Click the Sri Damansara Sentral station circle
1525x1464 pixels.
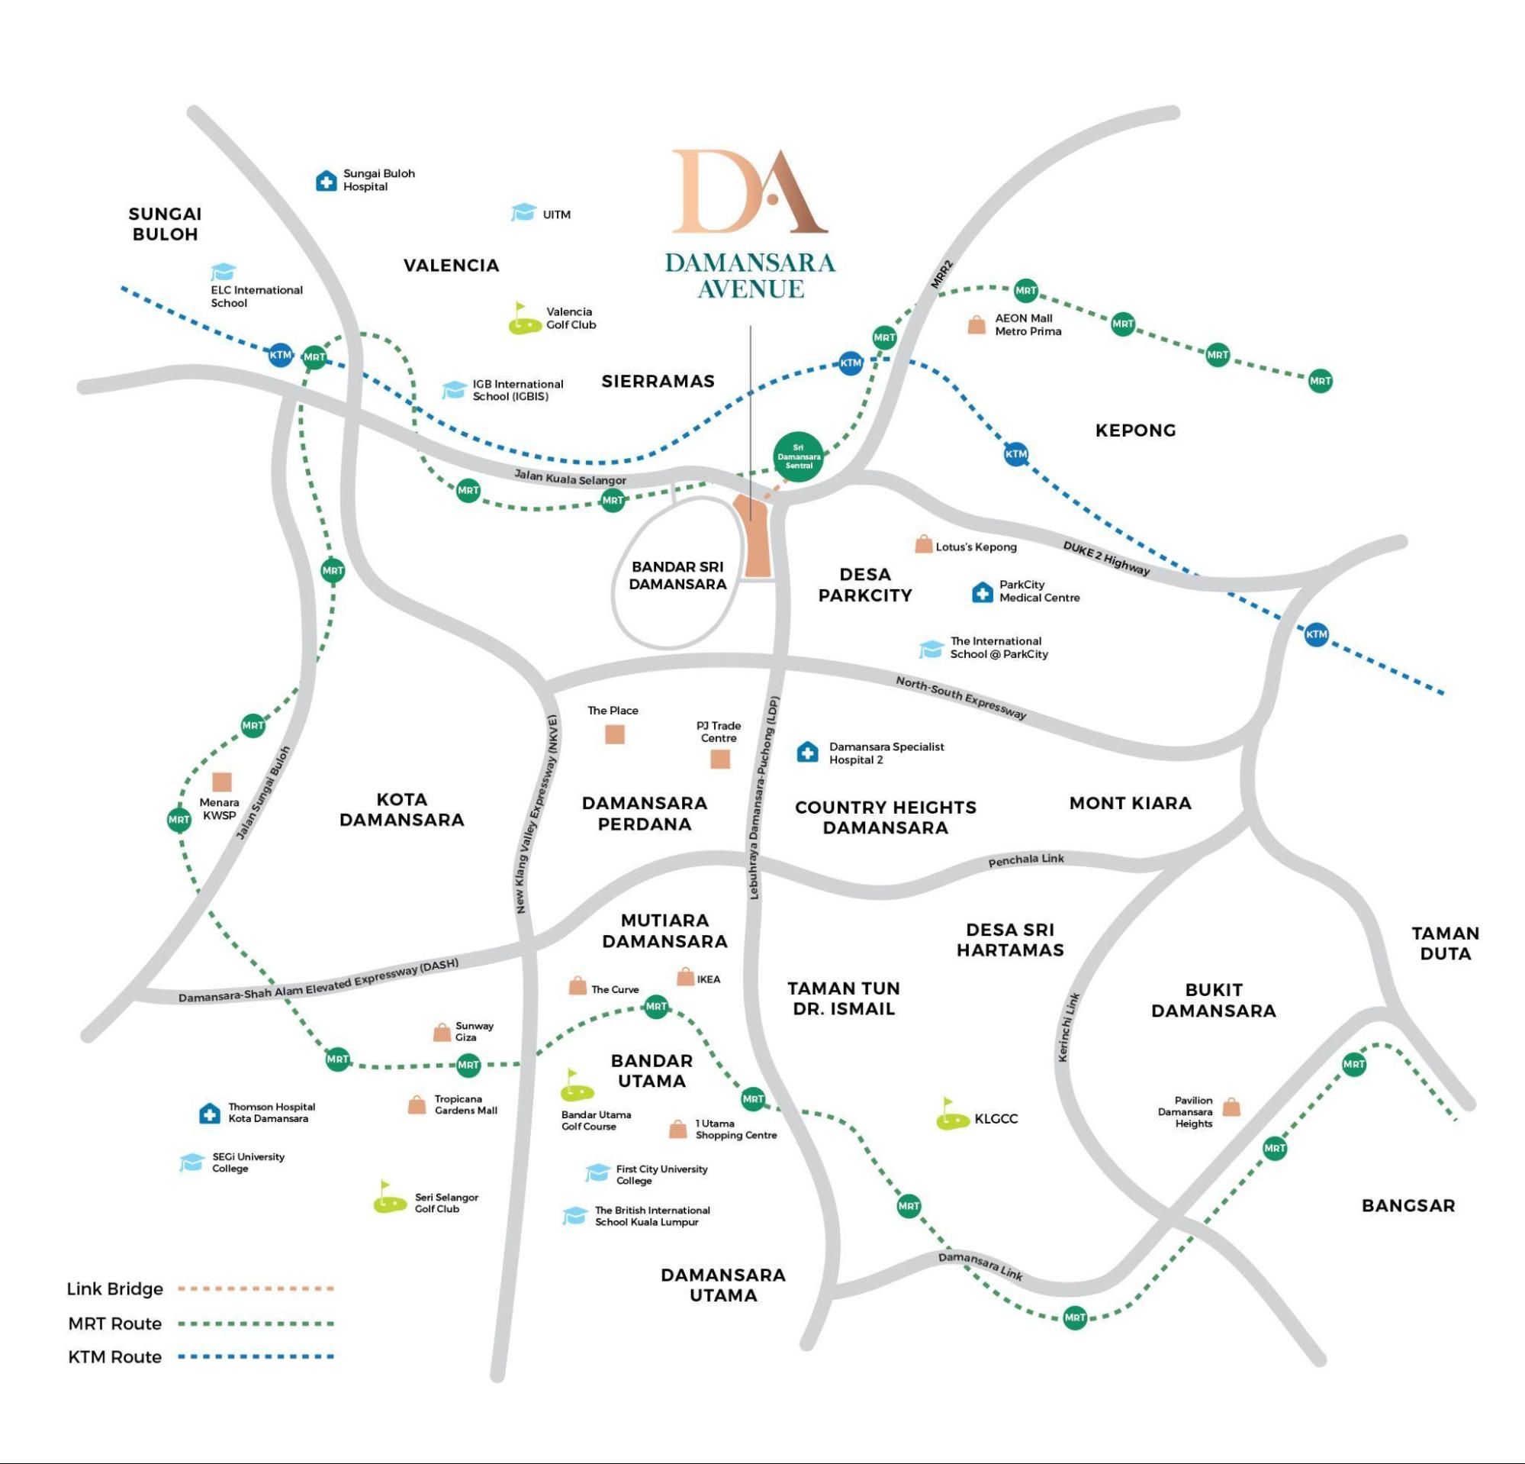point(798,457)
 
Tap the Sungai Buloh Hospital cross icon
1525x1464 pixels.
point(326,182)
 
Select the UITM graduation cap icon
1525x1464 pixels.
point(523,212)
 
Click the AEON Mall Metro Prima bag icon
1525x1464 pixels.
point(976,325)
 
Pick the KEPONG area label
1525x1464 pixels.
point(1135,430)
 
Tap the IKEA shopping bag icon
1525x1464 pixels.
point(686,977)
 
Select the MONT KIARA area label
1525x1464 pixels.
point(1130,803)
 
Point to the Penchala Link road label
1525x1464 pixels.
point(1025,860)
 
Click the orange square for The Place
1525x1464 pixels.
point(615,734)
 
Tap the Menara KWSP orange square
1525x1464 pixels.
point(222,782)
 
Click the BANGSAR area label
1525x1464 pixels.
point(1408,1205)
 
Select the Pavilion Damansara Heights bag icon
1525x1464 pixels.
point(1231,1108)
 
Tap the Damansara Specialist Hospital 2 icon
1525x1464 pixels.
point(808,752)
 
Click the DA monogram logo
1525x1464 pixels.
point(748,192)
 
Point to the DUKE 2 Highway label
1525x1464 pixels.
point(1105,558)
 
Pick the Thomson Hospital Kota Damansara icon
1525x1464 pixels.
point(209,1114)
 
